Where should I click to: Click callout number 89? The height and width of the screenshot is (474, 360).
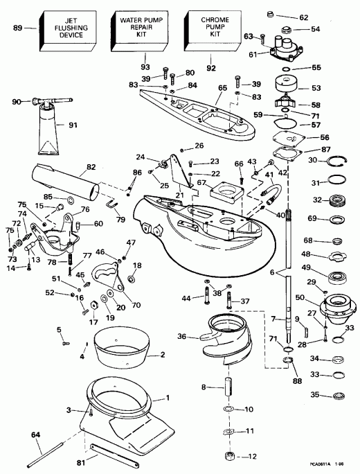coord(18,28)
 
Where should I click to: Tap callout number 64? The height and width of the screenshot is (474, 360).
coord(15,435)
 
